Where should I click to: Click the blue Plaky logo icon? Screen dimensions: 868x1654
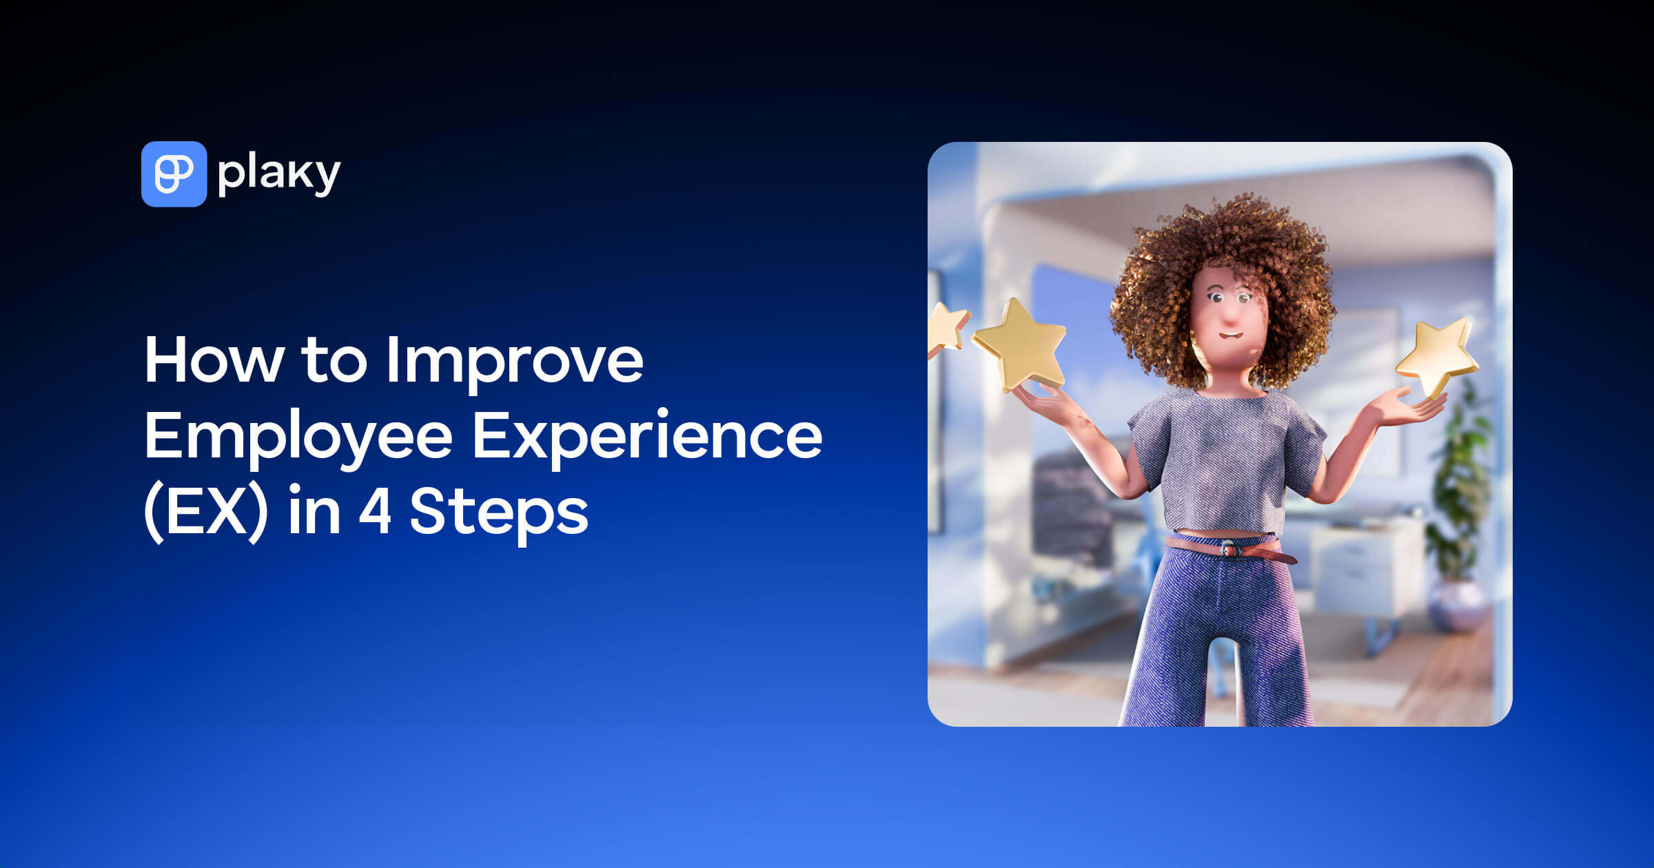pos(174,174)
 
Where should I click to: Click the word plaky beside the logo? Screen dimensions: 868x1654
pos(278,174)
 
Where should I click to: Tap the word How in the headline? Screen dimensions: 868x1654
pos(214,360)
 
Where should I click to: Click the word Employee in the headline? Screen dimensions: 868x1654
pos(298,437)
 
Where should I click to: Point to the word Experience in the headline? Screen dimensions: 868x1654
pos(646,437)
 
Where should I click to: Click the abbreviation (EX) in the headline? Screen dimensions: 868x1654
pos(205,513)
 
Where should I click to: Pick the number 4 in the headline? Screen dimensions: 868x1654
pos(375,511)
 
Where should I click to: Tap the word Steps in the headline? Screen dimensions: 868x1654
pos(499,513)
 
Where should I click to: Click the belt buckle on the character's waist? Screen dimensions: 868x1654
pos(1228,549)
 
